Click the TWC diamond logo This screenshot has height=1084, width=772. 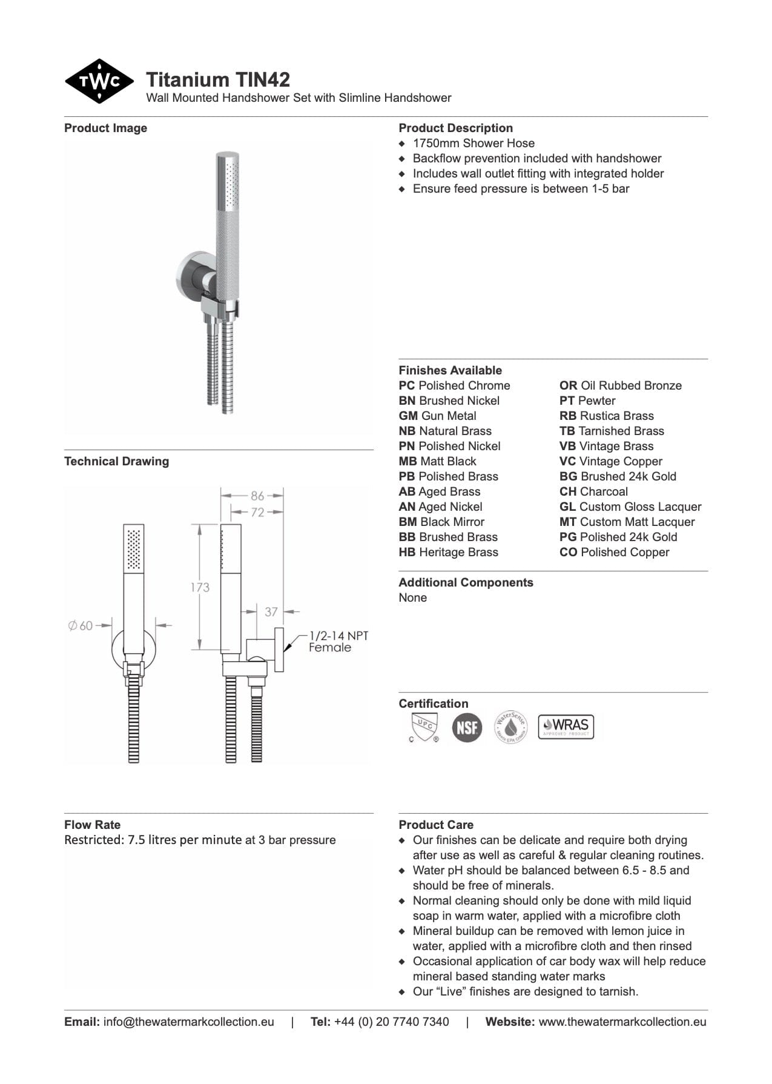[99, 81]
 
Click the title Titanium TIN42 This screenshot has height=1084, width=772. [218, 79]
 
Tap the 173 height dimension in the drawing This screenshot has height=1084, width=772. [200, 587]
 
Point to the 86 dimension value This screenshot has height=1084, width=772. [257, 496]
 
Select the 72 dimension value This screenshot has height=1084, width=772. [257, 512]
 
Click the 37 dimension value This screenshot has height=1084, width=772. [271, 612]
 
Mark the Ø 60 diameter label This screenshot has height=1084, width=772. [81, 625]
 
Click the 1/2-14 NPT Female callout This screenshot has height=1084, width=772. [338, 641]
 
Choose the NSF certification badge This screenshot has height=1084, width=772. [467, 727]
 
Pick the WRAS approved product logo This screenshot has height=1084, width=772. [566, 727]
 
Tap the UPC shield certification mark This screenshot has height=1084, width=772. [423, 727]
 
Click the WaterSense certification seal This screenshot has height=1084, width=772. [510, 727]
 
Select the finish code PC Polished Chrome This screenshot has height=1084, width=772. [454, 385]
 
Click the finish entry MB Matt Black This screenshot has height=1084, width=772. [437, 461]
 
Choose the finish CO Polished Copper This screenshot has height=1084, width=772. [614, 552]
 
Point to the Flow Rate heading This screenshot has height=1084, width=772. [92, 825]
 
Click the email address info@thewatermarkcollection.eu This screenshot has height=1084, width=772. [188, 1022]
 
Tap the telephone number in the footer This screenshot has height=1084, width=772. [391, 1022]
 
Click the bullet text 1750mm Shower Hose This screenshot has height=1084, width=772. [473, 143]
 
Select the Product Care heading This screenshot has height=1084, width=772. [436, 825]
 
